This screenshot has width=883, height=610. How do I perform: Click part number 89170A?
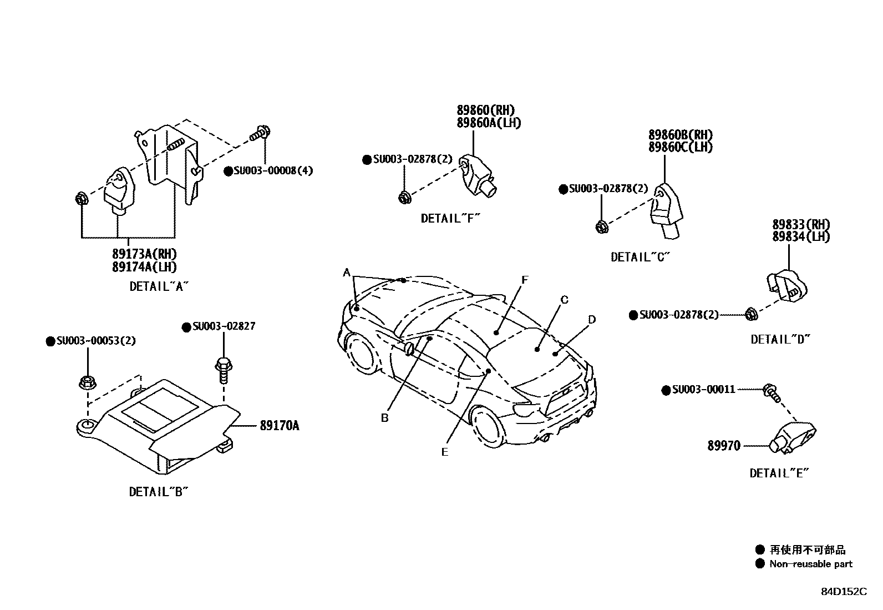[279, 426]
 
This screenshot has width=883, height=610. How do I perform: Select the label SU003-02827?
[224, 326]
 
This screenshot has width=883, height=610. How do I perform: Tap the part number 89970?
[723, 446]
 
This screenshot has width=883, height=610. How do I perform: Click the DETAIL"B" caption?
[159, 492]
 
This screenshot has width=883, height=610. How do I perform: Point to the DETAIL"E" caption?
[779, 473]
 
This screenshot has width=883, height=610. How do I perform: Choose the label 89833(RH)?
[801, 225]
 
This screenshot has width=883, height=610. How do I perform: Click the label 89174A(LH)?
[144, 267]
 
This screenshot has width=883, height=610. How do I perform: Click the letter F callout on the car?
[525, 280]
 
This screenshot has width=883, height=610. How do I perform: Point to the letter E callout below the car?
[444, 452]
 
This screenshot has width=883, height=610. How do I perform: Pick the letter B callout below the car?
[384, 418]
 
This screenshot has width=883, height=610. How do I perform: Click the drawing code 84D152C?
[844, 591]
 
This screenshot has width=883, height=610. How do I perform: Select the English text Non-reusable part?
[810, 564]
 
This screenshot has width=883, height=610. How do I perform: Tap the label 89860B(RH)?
[681, 135]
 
